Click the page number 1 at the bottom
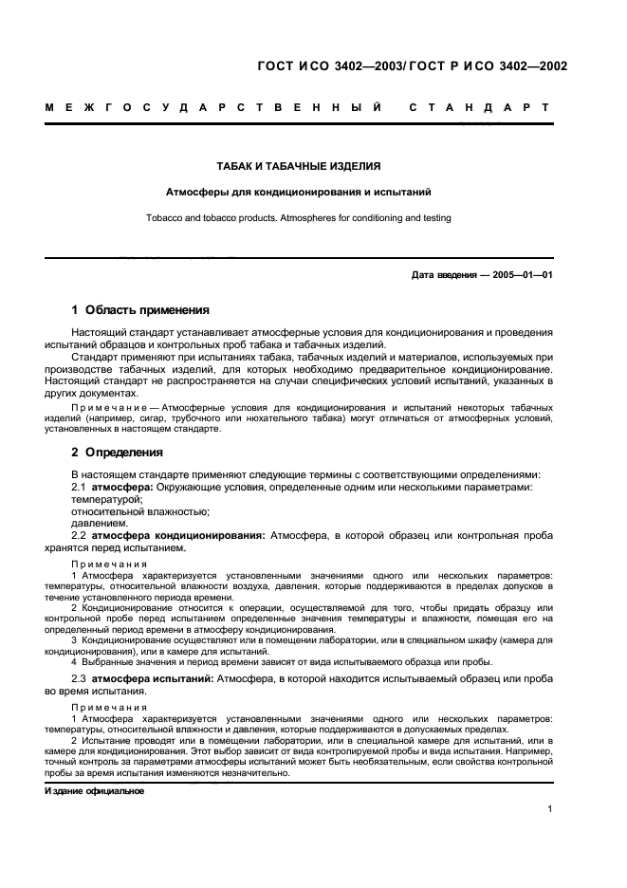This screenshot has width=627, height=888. pos(550,808)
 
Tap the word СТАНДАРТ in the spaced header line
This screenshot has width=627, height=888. pos(479,107)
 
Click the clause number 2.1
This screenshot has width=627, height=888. pos(79,487)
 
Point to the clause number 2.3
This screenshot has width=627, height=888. pos(79,679)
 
